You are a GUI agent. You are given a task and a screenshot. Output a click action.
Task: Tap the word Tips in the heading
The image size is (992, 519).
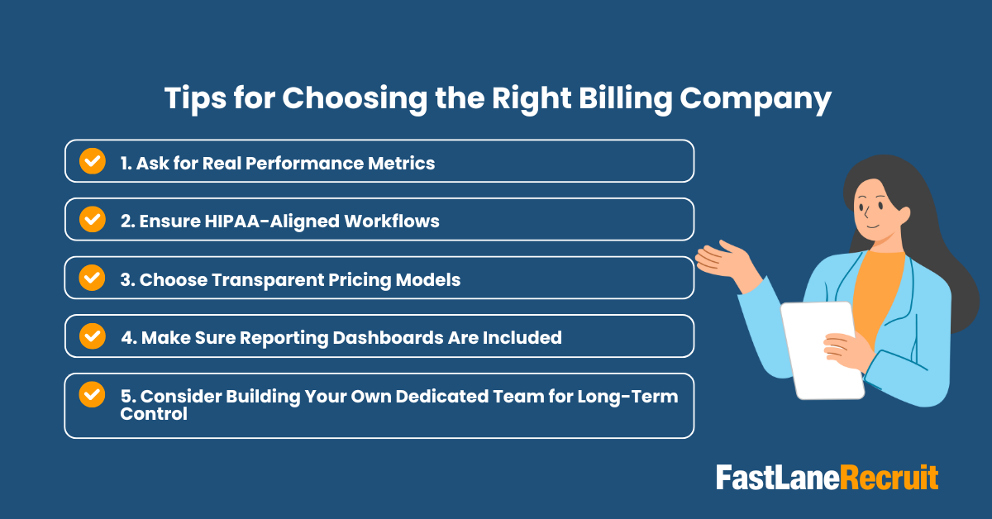point(195,98)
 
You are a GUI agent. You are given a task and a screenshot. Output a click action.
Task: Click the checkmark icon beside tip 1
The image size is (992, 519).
point(92,160)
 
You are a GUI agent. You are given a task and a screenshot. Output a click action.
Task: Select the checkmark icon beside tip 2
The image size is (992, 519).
point(92,219)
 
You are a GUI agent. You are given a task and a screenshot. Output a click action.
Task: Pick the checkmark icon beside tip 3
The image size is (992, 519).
point(92,278)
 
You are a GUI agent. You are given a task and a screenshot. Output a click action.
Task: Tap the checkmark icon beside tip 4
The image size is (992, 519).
point(92,336)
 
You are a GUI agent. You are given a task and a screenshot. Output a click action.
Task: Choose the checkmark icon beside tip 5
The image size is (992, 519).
point(92,395)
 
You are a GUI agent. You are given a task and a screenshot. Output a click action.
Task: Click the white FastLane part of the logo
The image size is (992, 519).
point(777,478)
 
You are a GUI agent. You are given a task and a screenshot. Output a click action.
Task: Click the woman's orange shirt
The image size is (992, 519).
point(876,289)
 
